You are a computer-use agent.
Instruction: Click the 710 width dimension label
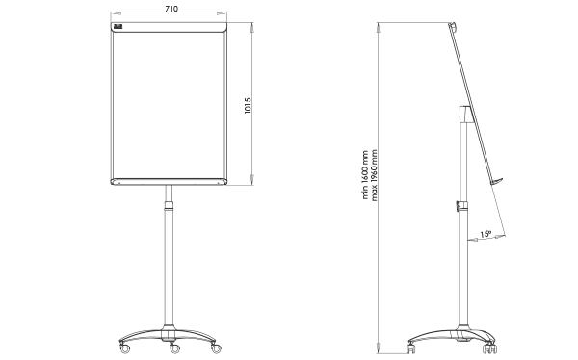click(x=170, y=7)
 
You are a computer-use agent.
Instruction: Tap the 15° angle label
click(x=486, y=234)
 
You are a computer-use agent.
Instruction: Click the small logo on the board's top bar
click(x=118, y=29)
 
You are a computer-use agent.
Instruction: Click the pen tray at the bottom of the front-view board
click(x=170, y=182)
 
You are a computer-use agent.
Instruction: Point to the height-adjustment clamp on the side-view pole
click(x=460, y=206)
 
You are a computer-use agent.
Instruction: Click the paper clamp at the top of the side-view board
click(x=453, y=30)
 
